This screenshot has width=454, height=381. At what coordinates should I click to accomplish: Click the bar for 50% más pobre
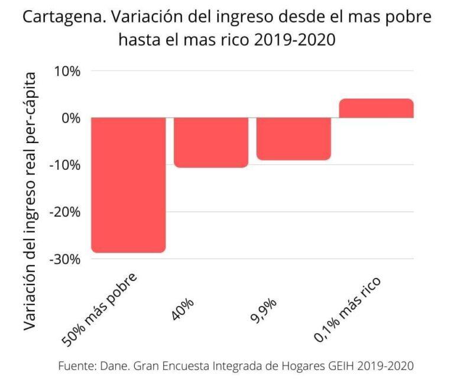pos(128,185)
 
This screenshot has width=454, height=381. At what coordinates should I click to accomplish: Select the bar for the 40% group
pos(211,142)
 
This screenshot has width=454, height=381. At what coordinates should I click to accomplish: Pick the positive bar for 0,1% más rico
pos(376,108)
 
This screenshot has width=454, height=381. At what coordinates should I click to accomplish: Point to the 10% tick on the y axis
pos(68,71)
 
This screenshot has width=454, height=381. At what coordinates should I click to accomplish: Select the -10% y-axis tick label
pos(66,164)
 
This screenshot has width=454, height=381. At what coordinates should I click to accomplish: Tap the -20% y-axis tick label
pos(66,212)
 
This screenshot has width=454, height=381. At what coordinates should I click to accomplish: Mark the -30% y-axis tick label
pos(66,259)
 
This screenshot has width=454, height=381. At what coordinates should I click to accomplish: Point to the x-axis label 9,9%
pos(267,308)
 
